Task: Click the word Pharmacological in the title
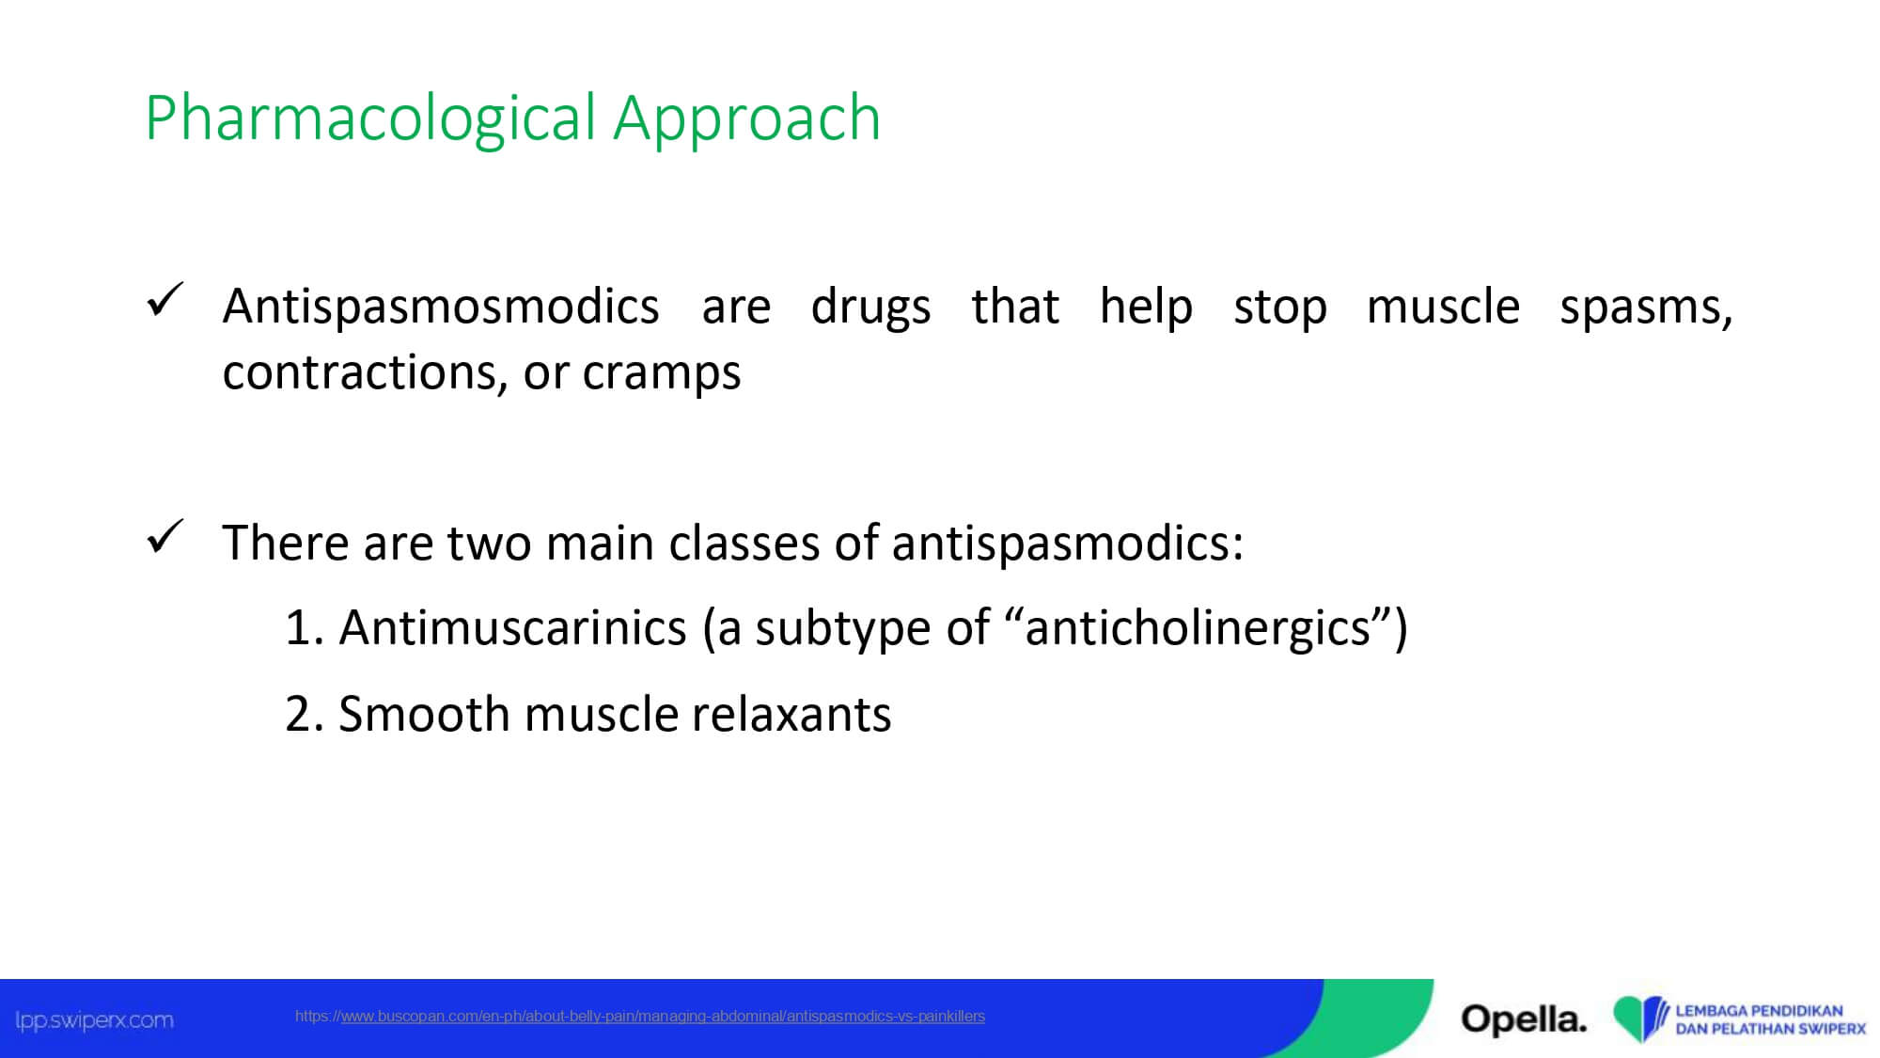click(371, 119)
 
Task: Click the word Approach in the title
click(747, 119)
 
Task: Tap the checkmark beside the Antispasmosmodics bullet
click(165, 300)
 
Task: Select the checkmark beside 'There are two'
click(165, 537)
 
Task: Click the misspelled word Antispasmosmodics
click(441, 308)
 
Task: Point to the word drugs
click(870, 308)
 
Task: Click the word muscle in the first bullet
click(1443, 307)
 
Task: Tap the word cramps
click(662, 373)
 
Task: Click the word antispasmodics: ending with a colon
click(1068, 544)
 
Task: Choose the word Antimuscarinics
click(513, 627)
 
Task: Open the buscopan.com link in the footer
click(640, 1016)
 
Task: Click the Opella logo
click(1524, 1019)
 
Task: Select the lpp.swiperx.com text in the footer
click(94, 1020)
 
